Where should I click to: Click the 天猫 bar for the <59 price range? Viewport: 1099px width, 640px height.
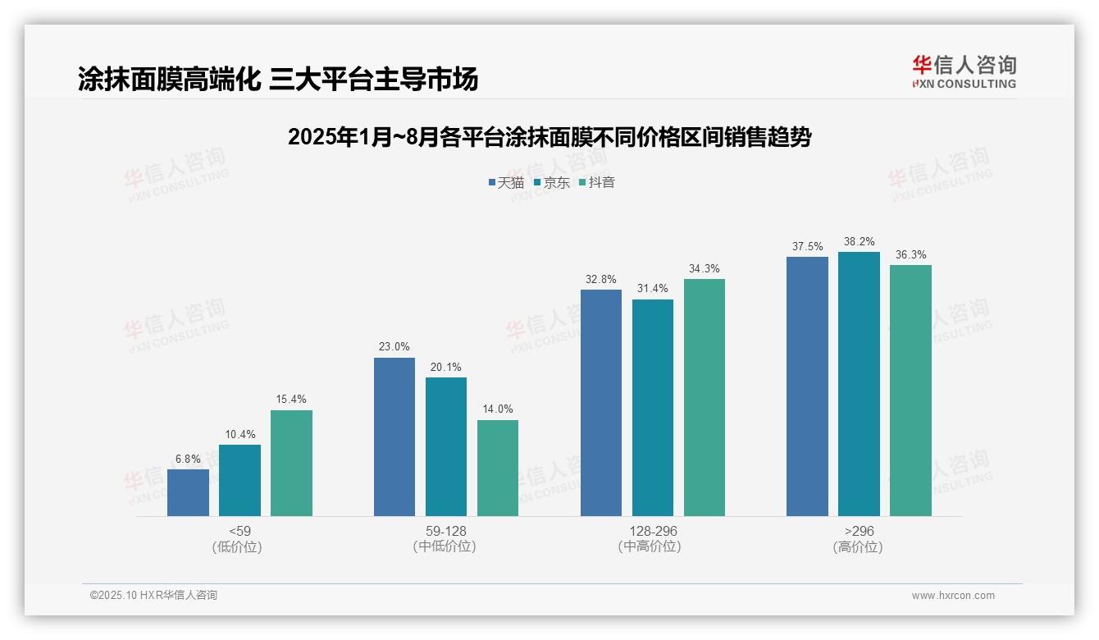188,492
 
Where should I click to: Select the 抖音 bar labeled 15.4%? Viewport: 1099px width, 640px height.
291,463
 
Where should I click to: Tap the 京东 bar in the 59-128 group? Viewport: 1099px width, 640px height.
445,446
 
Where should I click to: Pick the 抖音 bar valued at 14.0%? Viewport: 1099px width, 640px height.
498,468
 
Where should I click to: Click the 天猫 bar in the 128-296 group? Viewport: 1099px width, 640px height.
600,403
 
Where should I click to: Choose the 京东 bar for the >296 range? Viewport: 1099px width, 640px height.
859,384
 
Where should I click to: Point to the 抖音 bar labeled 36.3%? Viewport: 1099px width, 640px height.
910,391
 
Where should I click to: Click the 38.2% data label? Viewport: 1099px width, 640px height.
859,242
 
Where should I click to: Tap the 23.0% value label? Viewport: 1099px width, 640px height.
394,347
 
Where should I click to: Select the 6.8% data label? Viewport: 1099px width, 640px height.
188,459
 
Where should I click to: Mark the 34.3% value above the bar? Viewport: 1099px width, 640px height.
705,269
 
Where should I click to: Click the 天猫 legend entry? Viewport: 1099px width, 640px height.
505,183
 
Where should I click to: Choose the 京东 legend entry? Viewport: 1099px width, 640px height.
551,183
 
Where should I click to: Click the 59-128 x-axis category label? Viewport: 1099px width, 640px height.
445,531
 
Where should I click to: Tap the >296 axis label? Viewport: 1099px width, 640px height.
858,531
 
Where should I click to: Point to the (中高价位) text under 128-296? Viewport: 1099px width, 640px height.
652,546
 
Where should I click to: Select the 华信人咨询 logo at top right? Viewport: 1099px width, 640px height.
964,72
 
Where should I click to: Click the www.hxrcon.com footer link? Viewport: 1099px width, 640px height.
952,596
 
